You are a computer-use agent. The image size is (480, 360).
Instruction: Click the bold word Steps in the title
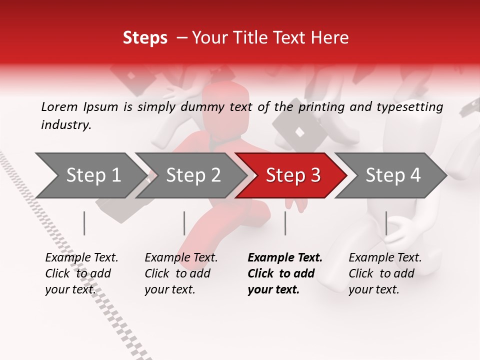[145, 38]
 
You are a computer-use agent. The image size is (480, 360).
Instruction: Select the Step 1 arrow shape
[90, 175]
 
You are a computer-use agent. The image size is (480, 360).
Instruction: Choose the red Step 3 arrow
[292, 175]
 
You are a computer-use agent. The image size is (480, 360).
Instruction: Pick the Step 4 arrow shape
[392, 175]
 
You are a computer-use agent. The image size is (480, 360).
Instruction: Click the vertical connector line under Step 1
[84, 223]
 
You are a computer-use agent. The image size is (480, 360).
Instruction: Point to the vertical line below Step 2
[184, 223]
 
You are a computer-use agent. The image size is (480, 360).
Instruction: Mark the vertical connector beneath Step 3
[285, 223]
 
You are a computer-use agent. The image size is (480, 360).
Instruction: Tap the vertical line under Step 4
[386, 223]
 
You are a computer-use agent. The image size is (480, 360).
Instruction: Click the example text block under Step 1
[81, 273]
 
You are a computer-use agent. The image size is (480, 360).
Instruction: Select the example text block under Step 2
[181, 273]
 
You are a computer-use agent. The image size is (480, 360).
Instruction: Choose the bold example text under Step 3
[285, 273]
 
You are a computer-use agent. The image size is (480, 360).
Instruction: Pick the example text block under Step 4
[385, 273]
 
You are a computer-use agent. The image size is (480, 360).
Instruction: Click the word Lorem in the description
[59, 106]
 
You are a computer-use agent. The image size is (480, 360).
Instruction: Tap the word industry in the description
[66, 125]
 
